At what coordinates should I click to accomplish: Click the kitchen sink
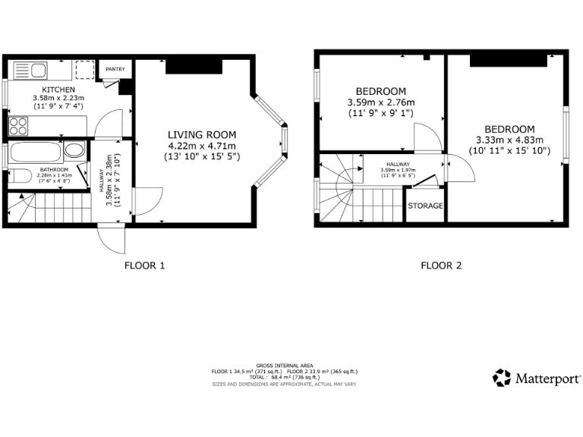pyautogui.click(x=30, y=71)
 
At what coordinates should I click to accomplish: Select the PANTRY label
pyautogui.click(x=115, y=70)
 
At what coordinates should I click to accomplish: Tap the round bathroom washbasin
pyautogui.click(x=74, y=149)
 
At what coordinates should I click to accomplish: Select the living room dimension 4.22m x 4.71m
pyautogui.click(x=201, y=146)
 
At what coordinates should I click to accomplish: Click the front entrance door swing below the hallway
pyautogui.click(x=111, y=241)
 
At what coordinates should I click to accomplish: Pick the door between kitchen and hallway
pyautogui.click(x=111, y=124)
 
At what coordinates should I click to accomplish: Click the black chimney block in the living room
pyautogui.click(x=182, y=67)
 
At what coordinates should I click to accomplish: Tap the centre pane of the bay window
pyautogui.click(x=285, y=140)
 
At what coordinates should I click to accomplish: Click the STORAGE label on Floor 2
pyautogui.click(x=425, y=206)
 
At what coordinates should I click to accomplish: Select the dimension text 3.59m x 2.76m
pyautogui.click(x=381, y=102)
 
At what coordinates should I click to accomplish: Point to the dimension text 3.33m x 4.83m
pyautogui.click(x=509, y=140)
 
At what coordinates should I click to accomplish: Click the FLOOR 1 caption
pyautogui.click(x=144, y=266)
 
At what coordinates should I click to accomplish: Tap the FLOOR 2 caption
pyautogui.click(x=441, y=266)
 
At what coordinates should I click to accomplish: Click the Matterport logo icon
pyautogui.click(x=502, y=377)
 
